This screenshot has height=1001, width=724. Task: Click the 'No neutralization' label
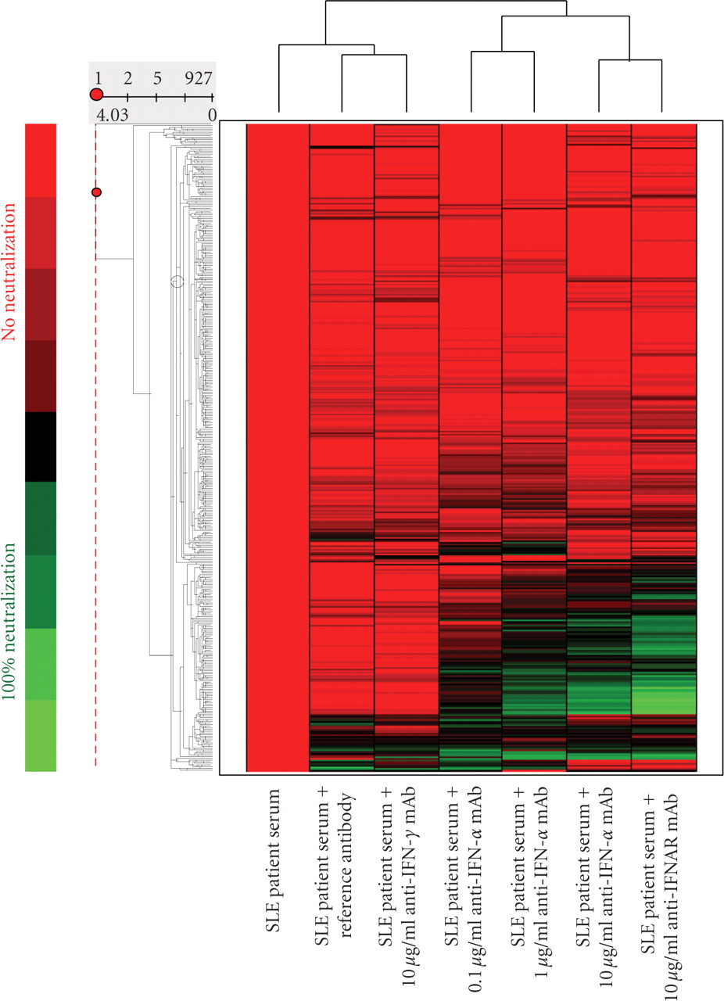tap(9, 271)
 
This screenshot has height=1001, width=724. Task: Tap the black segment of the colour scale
tap(40, 447)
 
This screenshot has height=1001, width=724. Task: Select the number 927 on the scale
tap(198, 78)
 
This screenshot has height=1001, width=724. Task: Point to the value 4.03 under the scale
tap(111, 116)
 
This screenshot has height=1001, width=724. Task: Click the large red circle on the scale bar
tap(97, 95)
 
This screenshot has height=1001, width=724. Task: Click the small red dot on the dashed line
tap(96, 192)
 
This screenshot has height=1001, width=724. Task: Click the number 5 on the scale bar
tap(156, 78)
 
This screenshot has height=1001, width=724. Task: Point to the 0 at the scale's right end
tap(211, 116)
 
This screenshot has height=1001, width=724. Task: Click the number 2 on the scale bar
tap(127, 78)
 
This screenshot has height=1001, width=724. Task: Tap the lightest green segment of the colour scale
tap(40, 735)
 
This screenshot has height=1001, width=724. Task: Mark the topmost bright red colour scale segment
tap(40, 160)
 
